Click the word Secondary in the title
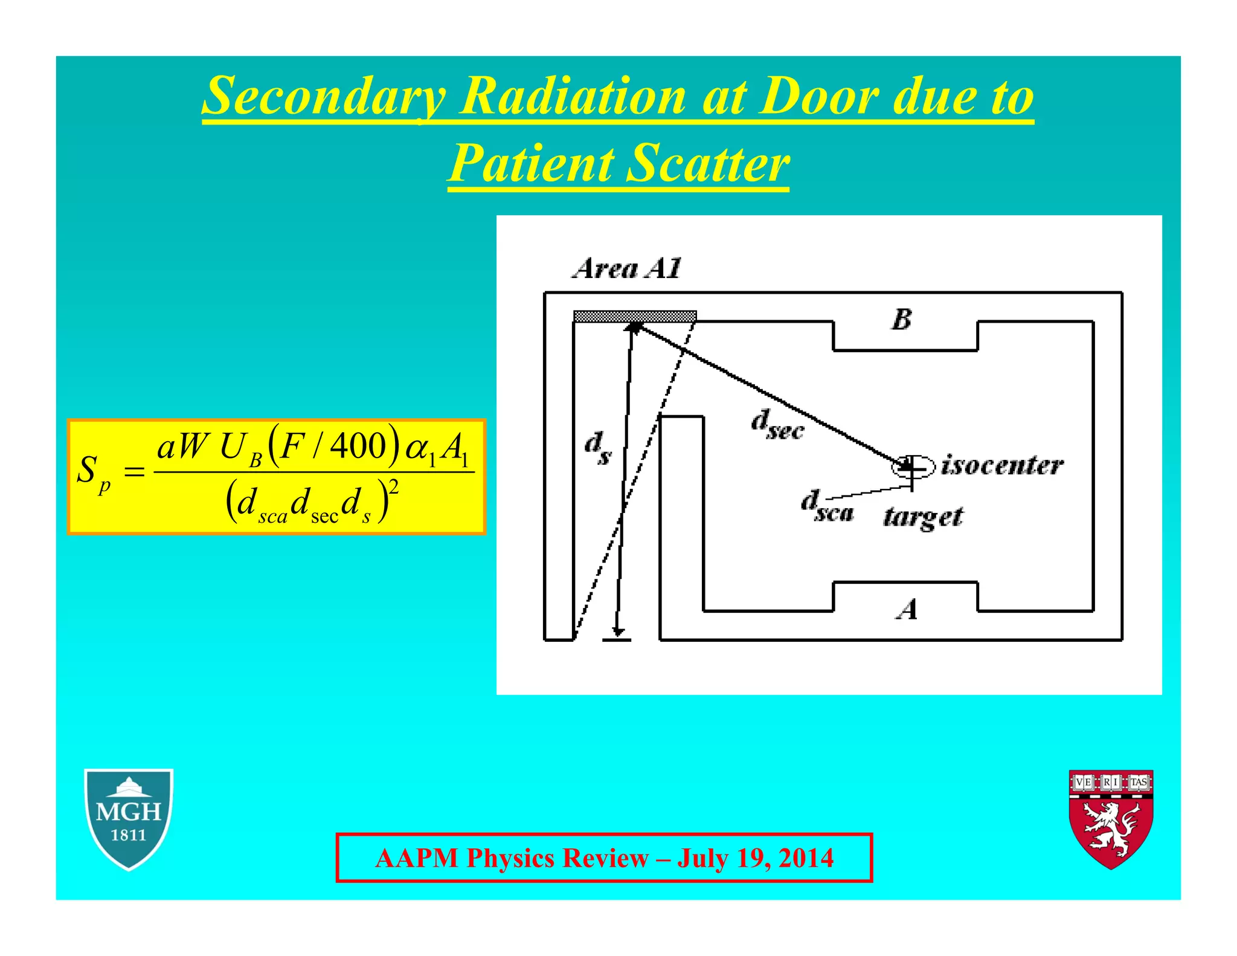(324, 97)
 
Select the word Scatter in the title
(707, 164)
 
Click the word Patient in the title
(532, 164)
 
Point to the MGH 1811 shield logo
(129, 818)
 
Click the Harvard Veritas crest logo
(1111, 818)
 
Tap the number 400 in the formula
(358, 445)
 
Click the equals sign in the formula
(134, 471)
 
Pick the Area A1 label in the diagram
(627, 268)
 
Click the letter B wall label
(901, 319)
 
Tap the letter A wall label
(907, 609)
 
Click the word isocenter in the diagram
(1002, 465)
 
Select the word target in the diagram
(923, 517)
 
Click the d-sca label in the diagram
(827, 506)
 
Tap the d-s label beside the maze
(597, 448)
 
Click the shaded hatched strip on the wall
(634, 316)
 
